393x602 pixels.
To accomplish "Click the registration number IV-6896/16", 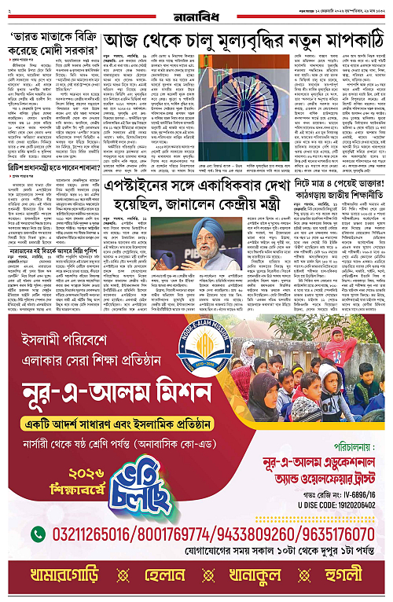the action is pyautogui.click(x=332, y=500).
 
